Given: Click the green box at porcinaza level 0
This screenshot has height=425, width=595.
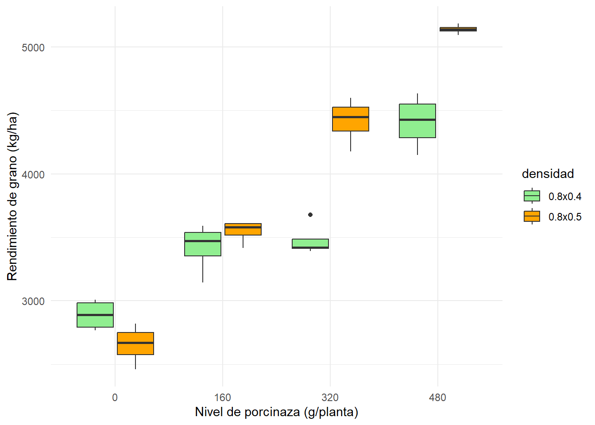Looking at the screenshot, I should (95, 315).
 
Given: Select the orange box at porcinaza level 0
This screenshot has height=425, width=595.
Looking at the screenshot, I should (135, 344).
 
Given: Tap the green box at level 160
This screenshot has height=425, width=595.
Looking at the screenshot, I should (203, 244).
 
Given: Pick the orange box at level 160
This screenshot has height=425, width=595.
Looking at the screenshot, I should (243, 229).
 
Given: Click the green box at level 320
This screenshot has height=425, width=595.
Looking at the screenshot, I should (310, 243).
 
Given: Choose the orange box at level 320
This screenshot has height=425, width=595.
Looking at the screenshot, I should (351, 119).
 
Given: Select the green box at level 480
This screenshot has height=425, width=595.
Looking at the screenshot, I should (417, 121).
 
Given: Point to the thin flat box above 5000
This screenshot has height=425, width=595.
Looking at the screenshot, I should (458, 29).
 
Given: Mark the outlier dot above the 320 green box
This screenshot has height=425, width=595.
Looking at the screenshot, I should (310, 215).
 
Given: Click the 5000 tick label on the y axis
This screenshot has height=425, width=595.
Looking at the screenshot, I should (33, 47).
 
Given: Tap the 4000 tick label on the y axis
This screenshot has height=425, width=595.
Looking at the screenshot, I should (33, 174).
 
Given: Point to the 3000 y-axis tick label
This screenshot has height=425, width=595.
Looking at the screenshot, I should (33, 301).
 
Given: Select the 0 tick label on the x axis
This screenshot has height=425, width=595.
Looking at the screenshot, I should (115, 398).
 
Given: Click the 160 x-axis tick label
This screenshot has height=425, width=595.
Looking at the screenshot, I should (223, 398).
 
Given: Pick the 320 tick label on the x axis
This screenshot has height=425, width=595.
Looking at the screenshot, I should (330, 398).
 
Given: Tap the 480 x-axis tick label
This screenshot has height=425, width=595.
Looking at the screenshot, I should (437, 398).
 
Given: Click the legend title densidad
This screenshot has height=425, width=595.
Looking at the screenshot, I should (548, 174).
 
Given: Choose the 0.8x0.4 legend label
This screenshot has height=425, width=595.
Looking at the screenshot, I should (565, 197).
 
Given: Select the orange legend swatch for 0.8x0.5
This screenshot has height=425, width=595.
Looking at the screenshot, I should (532, 216).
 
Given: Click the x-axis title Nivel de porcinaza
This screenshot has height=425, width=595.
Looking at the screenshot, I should (276, 412).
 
